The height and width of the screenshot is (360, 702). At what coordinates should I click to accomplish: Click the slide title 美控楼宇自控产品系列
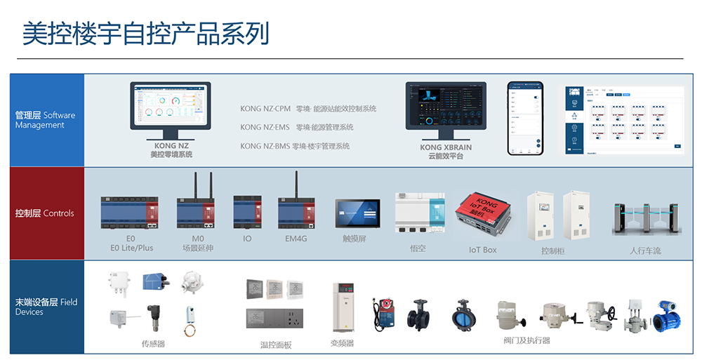coord(146,34)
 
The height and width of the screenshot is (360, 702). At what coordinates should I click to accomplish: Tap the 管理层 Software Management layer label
coord(46,120)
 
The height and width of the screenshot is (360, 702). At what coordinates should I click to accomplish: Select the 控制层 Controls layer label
coord(44,213)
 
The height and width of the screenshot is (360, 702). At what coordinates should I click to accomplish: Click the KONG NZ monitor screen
coord(171,106)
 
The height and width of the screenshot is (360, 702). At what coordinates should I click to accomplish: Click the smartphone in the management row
coord(526,118)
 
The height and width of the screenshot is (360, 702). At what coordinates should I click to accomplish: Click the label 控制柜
coord(552,251)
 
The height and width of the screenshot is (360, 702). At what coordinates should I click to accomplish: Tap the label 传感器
coord(152,344)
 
